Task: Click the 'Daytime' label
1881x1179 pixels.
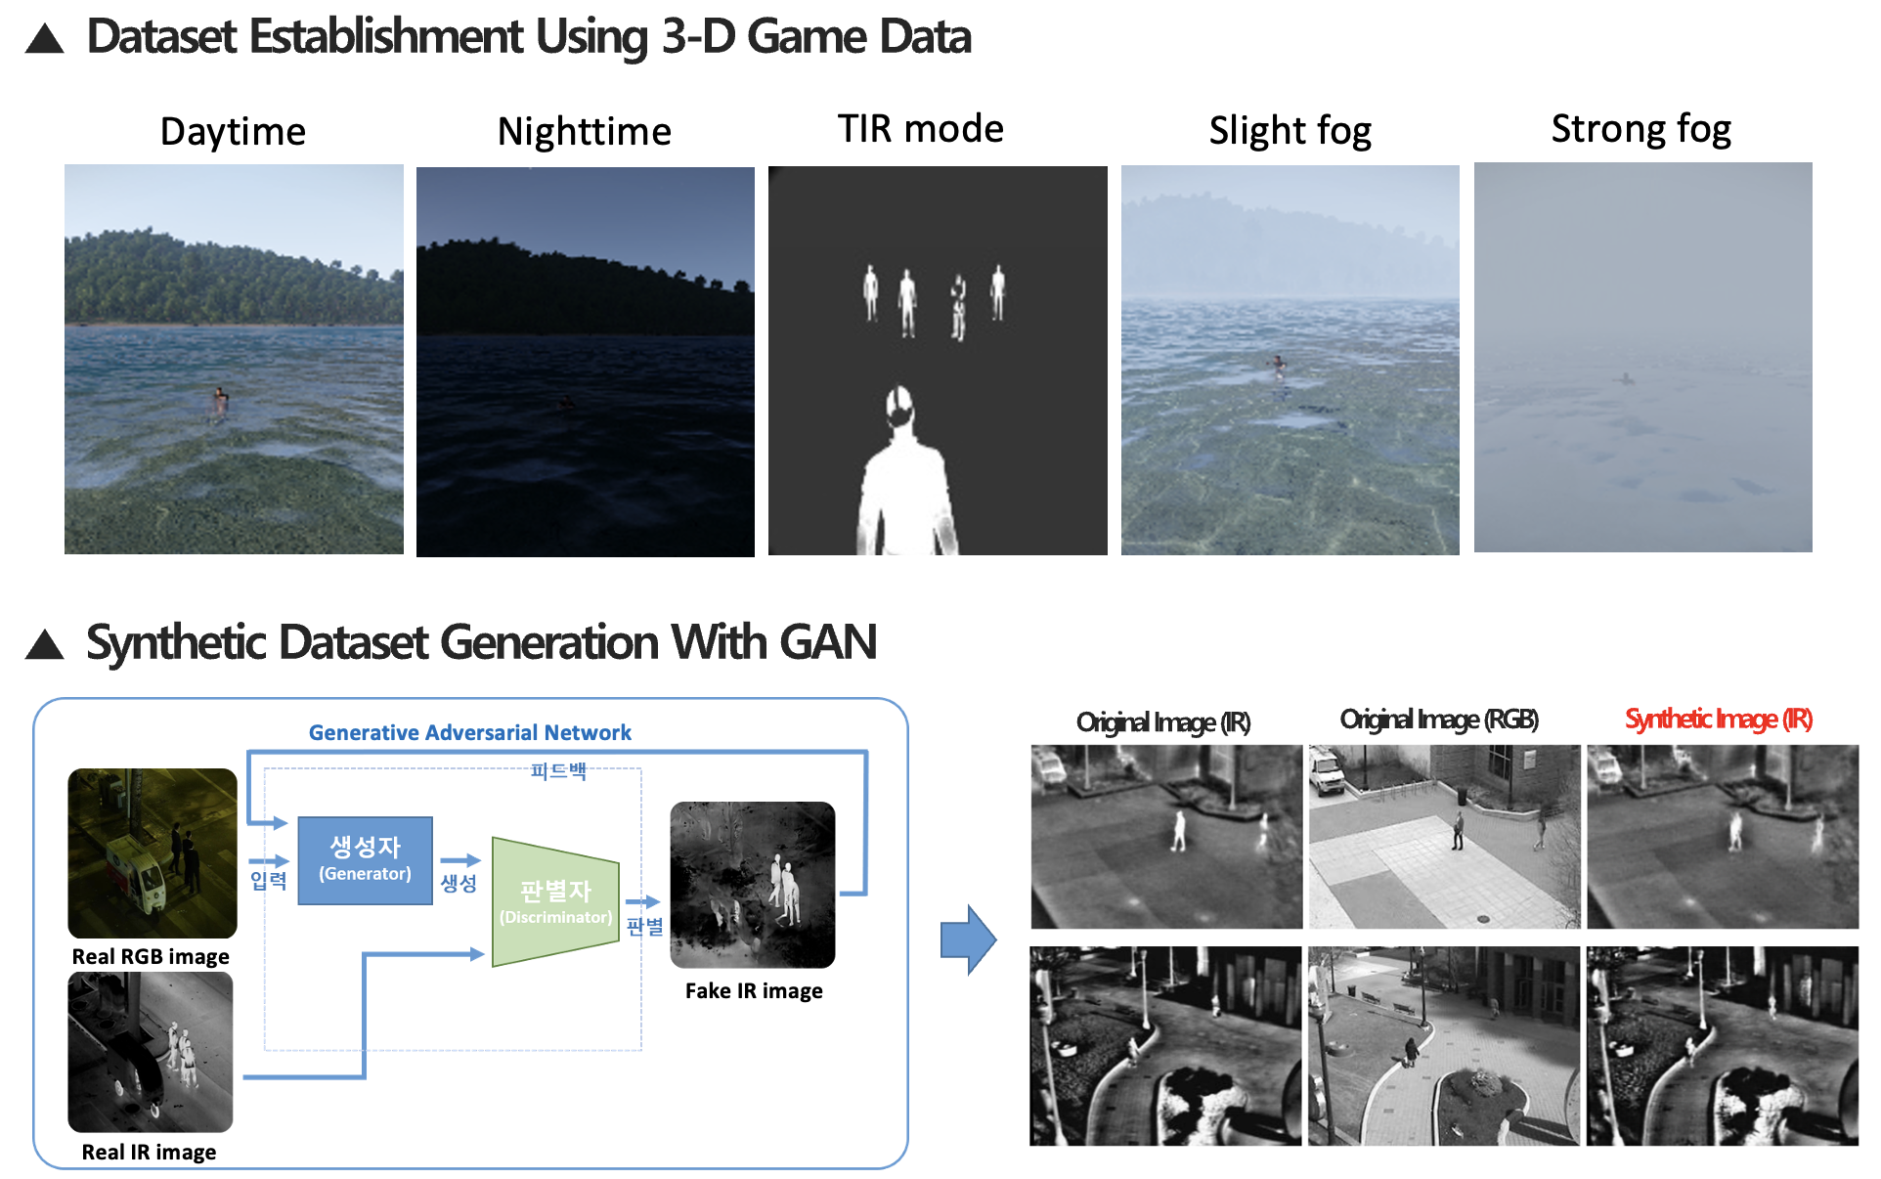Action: (233, 131)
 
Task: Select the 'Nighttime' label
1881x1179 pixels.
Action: (585, 131)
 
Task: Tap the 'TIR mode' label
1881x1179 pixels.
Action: (921, 128)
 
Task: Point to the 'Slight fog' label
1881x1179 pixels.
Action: (1290, 131)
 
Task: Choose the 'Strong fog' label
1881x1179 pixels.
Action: (1641, 129)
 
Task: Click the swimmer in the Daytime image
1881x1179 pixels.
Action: (221, 401)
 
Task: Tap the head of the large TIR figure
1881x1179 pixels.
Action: (899, 406)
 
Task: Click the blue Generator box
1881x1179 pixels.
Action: (365, 860)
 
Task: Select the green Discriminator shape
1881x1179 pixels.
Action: (555, 901)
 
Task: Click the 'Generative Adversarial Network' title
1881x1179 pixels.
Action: (470, 732)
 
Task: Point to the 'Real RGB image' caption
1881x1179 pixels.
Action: (151, 956)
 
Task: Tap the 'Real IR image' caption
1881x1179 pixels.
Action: (149, 1152)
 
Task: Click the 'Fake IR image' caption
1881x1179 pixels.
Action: (754, 990)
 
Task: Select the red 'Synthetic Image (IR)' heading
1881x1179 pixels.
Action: (1719, 720)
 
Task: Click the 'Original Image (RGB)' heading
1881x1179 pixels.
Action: (1439, 720)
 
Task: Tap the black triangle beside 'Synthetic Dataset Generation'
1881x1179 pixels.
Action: (45, 644)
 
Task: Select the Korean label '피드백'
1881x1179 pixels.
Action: (558, 770)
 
